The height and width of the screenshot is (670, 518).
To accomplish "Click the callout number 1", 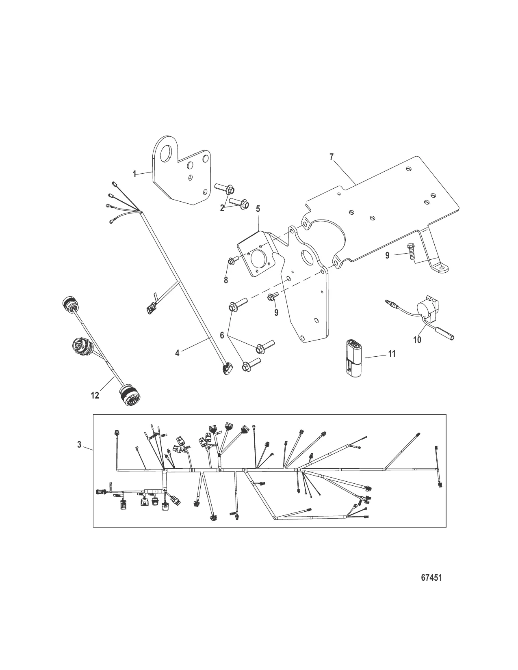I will tap(134, 174).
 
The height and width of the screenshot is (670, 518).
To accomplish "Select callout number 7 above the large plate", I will tap(332, 157).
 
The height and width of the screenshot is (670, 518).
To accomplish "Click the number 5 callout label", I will tap(258, 209).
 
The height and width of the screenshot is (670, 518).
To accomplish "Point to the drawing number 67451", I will tap(431, 577).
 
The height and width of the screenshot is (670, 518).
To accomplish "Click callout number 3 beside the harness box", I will tap(80, 445).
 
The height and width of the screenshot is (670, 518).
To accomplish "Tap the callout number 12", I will tap(95, 395).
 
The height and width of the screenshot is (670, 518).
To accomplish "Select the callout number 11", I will tap(392, 354).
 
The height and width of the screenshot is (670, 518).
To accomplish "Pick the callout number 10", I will tap(417, 339).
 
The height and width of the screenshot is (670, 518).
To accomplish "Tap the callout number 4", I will tap(177, 353).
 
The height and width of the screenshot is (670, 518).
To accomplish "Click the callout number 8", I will tap(225, 280).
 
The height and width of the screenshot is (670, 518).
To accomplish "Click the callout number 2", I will tap(222, 208).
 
